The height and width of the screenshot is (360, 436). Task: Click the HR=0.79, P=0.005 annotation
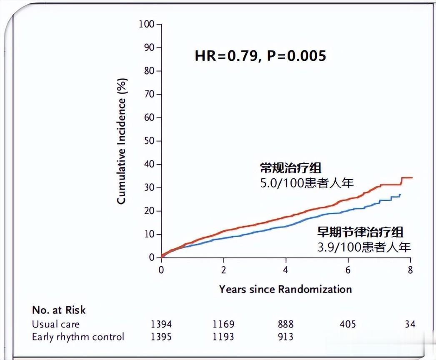coord(260,55)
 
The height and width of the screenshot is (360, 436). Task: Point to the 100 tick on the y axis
coord(147,24)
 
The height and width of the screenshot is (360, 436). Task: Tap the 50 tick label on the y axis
coord(149,141)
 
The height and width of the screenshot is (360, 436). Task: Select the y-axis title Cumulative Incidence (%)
coord(121,141)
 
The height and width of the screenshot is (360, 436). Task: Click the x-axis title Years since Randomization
coord(286,289)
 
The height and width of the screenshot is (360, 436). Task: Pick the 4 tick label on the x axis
coord(286,270)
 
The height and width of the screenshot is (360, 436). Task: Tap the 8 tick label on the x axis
coord(410,270)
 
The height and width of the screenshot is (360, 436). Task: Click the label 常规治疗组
coord(291,168)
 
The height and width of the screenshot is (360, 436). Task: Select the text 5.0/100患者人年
coord(307,183)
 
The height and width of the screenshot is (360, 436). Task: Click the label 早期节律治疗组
coord(360,232)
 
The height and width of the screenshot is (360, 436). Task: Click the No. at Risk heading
coord(59,310)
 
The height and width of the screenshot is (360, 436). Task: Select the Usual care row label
coord(55,324)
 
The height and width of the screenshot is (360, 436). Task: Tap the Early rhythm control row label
coord(78,337)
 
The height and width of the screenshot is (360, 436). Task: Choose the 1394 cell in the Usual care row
coord(161,324)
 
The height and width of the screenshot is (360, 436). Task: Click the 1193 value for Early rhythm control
coord(223,337)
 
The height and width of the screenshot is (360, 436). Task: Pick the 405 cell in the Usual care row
coord(348,324)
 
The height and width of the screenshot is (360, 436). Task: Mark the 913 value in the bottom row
coord(286,337)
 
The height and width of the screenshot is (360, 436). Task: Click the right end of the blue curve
coord(400,194)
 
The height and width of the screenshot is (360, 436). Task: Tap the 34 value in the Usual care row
coord(410,324)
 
